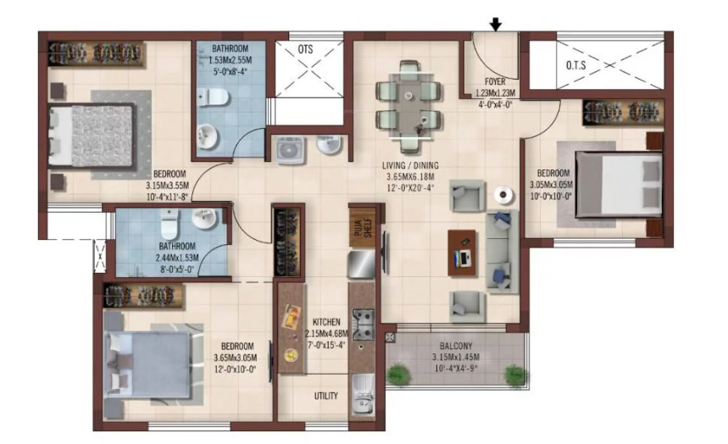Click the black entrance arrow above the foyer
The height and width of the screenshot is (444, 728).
(x=496, y=25)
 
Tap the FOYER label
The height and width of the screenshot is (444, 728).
(x=495, y=81)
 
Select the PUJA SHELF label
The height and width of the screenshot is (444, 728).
(x=363, y=228)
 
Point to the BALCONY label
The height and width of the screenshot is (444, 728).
(x=455, y=346)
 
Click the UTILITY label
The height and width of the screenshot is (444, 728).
(x=326, y=396)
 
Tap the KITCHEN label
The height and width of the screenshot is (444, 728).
(x=326, y=322)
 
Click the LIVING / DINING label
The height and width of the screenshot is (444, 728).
(x=410, y=165)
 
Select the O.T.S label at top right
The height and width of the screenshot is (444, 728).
(x=575, y=65)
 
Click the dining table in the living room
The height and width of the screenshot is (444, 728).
(x=409, y=106)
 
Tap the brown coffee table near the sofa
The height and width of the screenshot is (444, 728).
(x=462, y=253)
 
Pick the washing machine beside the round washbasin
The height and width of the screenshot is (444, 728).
(x=290, y=150)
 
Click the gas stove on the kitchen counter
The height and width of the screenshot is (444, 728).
(x=363, y=325)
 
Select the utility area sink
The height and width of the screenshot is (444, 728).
(x=364, y=394)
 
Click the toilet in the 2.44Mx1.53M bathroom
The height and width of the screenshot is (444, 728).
(x=169, y=223)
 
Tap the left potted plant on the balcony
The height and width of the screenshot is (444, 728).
(x=398, y=375)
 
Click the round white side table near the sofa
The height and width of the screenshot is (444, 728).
(x=503, y=195)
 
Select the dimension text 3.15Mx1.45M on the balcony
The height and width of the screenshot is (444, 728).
(x=455, y=358)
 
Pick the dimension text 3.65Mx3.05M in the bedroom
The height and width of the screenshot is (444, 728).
(x=235, y=358)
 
